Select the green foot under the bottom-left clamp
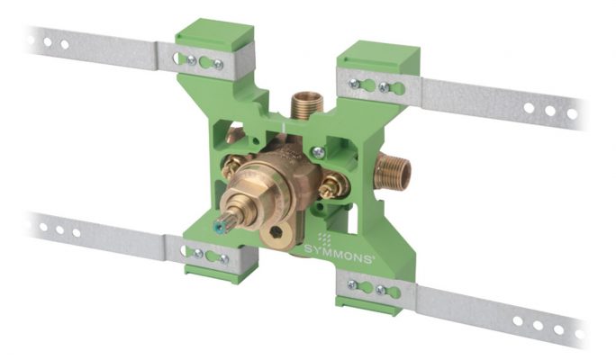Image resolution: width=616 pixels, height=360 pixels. [x=209, y=271]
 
